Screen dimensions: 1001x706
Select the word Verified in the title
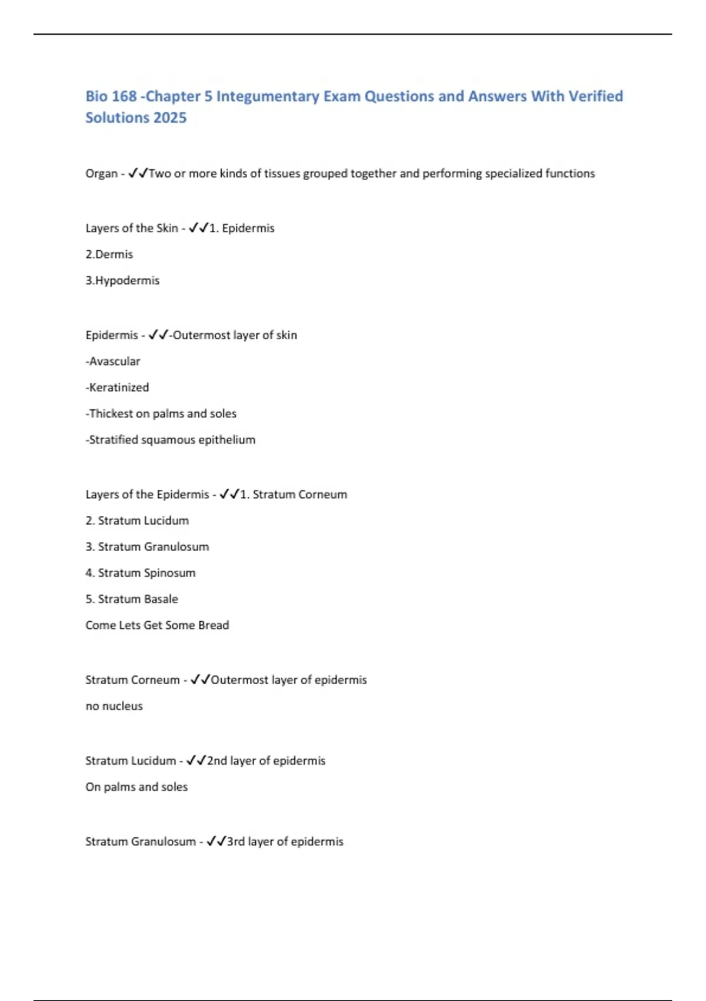(x=595, y=96)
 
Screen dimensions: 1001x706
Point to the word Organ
(x=101, y=174)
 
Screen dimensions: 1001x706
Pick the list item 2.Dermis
(x=109, y=254)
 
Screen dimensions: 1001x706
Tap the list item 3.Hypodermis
(x=122, y=281)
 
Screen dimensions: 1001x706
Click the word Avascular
(x=115, y=362)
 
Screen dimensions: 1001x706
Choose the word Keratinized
(x=119, y=387)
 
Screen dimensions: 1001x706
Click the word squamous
(x=168, y=440)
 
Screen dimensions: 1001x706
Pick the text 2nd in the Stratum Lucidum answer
(x=217, y=761)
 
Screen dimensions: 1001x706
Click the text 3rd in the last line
(x=235, y=842)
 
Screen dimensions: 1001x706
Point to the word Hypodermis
(x=127, y=281)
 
